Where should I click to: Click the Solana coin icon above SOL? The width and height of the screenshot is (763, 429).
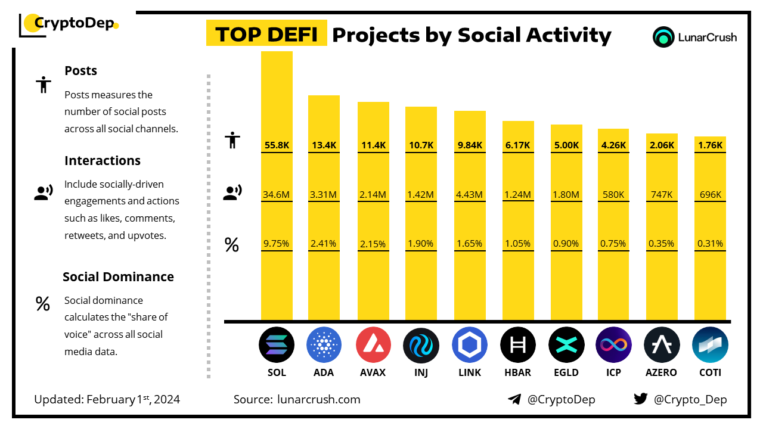pyautogui.click(x=277, y=345)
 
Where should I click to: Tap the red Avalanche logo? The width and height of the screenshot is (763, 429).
pyautogui.click(x=373, y=345)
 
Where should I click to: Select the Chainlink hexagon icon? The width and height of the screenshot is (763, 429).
pyautogui.click(x=470, y=345)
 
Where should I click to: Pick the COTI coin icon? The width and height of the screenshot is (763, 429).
pyautogui.click(x=710, y=345)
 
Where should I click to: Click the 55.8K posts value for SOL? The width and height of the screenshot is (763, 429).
pyautogui.click(x=277, y=145)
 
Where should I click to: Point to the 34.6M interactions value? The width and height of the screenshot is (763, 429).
pyautogui.click(x=277, y=194)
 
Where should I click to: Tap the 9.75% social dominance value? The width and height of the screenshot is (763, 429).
pyautogui.click(x=277, y=243)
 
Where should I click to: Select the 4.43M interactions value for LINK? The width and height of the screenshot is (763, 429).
pyautogui.click(x=470, y=194)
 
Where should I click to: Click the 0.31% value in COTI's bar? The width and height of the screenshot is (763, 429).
pyautogui.click(x=710, y=243)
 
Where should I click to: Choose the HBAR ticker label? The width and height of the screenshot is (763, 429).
pyautogui.click(x=518, y=372)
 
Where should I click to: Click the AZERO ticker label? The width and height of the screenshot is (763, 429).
pyautogui.click(x=662, y=372)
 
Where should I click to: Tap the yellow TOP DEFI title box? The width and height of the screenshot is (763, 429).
pyautogui.click(x=266, y=35)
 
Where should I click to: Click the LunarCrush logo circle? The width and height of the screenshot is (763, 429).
pyautogui.click(x=663, y=37)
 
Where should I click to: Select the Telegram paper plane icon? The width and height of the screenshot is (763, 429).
pyautogui.click(x=514, y=399)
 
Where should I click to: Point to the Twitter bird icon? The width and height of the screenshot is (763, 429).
pyautogui.click(x=640, y=399)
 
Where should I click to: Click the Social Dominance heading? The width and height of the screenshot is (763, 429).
pyautogui.click(x=118, y=276)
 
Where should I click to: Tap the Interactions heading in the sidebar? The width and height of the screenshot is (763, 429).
pyautogui.click(x=103, y=160)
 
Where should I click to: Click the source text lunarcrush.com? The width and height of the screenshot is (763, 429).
pyautogui.click(x=318, y=399)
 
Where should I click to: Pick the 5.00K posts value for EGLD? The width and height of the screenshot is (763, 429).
pyautogui.click(x=566, y=145)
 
